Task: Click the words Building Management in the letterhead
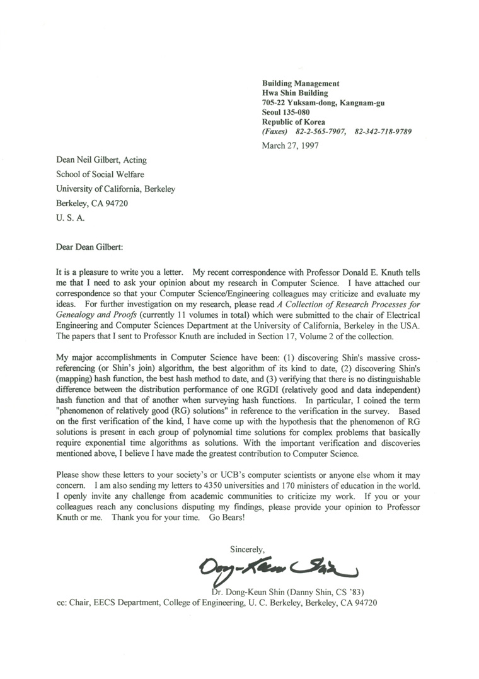pyautogui.click(x=301, y=83)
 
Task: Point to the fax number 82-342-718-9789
pyautogui.click(x=383, y=131)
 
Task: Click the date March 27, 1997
pyautogui.click(x=290, y=146)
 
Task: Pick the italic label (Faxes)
pyautogui.click(x=275, y=131)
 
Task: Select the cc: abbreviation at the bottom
pyautogui.click(x=64, y=602)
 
